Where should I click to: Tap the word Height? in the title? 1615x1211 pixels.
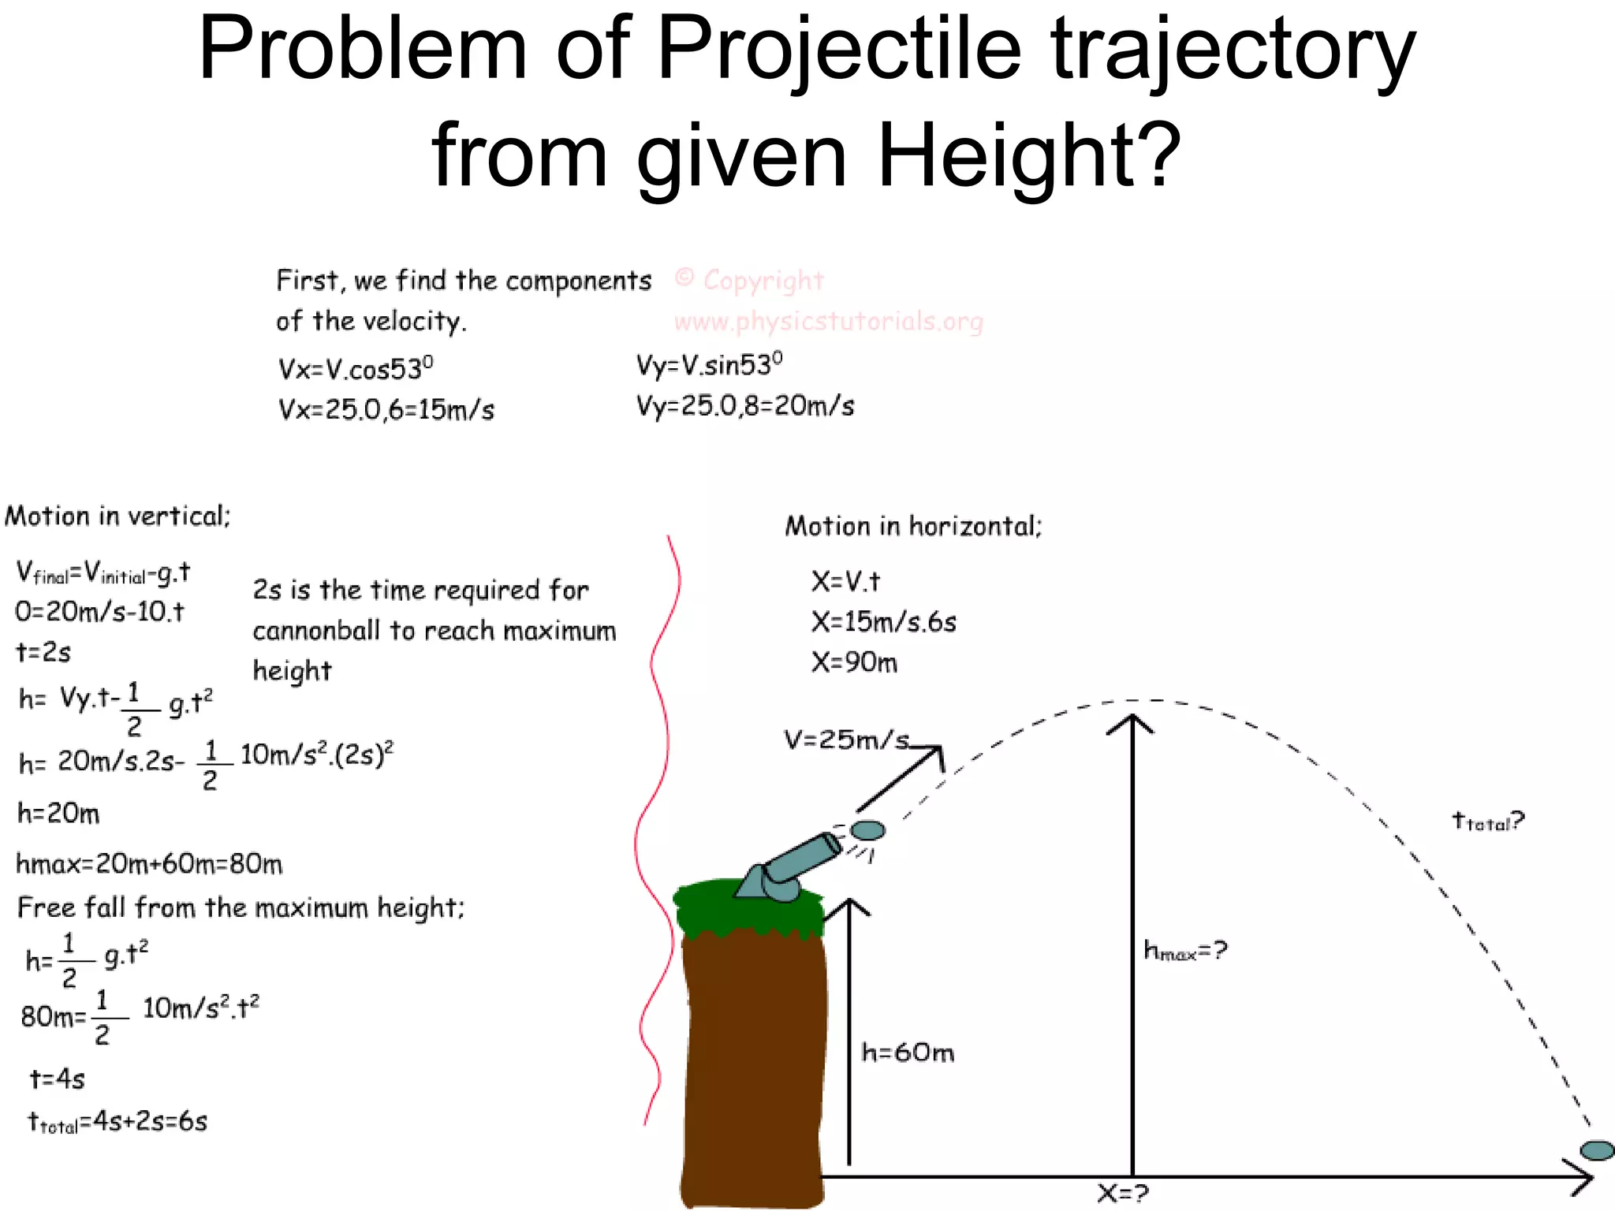click(1028, 155)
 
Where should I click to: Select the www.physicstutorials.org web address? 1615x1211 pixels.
click(829, 322)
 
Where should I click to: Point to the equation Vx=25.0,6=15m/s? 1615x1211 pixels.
click(386, 410)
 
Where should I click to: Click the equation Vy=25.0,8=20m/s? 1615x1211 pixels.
click(745, 406)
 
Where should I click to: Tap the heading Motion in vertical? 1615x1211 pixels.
click(117, 516)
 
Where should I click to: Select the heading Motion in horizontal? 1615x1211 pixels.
click(913, 526)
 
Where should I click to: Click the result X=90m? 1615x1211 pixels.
click(854, 663)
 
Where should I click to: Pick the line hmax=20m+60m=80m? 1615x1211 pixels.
click(149, 864)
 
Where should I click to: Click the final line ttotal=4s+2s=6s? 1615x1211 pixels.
click(117, 1121)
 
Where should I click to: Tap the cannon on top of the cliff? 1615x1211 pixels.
click(789, 867)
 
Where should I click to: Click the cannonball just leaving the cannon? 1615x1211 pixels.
click(868, 830)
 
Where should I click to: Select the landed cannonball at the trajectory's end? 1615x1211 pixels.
click(1597, 1150)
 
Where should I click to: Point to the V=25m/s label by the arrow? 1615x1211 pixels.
click(845, 740)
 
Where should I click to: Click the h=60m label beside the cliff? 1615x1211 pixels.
click(908, 1053)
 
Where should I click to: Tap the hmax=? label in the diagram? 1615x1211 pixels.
click(1185, 951)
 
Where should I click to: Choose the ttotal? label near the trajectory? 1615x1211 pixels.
click(1488, 822)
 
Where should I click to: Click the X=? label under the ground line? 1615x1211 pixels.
click(1123, 1194)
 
